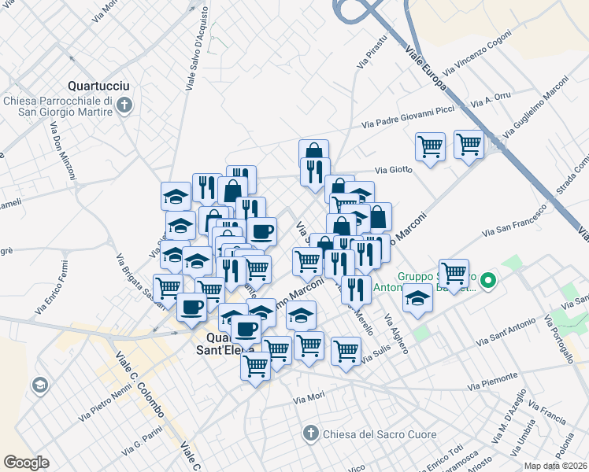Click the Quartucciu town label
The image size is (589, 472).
click(99, 85)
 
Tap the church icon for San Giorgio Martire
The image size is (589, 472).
click(124, 105)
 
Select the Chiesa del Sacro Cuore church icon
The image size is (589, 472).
click(310, 433)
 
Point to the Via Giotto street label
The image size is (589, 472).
click(393, 169)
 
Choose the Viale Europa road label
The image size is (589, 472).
click(426, 68)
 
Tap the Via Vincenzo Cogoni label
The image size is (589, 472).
click(472, 57)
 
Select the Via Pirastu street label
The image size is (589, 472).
click(372, 51)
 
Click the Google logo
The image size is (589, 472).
click(26, 463)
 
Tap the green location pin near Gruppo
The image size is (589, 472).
click(488, 279)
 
